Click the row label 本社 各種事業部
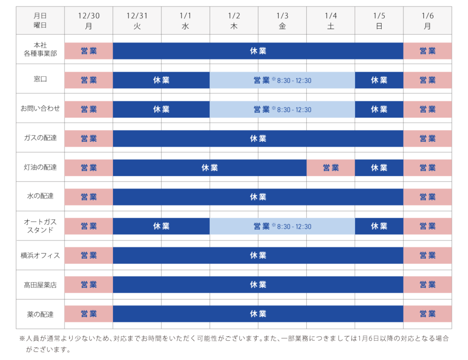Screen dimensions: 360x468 click(x=40, y=49)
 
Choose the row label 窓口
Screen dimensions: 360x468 click(x=40, y=79)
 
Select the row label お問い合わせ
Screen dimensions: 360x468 click(x=40, y=108)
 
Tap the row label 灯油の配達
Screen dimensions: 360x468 click(x=40, y=167)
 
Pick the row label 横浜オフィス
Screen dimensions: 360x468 click(x=40, y=255)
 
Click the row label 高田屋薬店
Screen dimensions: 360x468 click(x=40, y=285)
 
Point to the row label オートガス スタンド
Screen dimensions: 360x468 click(x=40, y=226)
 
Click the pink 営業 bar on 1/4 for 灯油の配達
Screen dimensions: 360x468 click(x=330, y=168)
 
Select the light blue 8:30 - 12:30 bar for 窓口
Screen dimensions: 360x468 click(x=282, y=80)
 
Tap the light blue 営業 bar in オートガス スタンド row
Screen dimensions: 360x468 click(x=282, y=226)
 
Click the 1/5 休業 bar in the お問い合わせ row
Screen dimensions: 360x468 click(x=379, y=109)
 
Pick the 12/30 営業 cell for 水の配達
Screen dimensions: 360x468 click(x=89, y=197)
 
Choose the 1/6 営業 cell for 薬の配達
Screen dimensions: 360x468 click(x=427, y=314)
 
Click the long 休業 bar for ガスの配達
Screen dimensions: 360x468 click(x=258, y=139)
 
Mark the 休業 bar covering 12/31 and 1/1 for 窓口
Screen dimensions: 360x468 click(x=161, y=80)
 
